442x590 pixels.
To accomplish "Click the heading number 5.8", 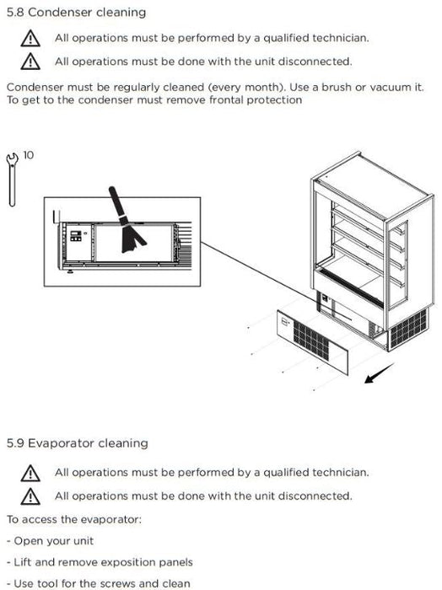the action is (15, 12).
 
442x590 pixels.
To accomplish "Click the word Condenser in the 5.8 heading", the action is (60, 12).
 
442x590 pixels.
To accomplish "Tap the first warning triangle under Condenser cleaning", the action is (30, 39).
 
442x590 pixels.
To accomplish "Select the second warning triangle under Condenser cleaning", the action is (30, 62).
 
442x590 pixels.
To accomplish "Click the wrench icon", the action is (12, 180).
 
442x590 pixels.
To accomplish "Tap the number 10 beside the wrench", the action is (28, 155).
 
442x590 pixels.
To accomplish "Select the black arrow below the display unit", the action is (379, 373).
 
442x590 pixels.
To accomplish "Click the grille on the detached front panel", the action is (311, 340).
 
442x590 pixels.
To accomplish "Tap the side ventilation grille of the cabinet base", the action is (409, 329).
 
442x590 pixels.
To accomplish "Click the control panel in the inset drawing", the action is (76, 236).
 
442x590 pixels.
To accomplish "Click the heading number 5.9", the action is (15, 443).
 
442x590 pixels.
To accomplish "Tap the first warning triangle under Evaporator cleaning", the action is (30, 473).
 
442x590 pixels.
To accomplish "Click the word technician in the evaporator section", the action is (340, 472).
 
